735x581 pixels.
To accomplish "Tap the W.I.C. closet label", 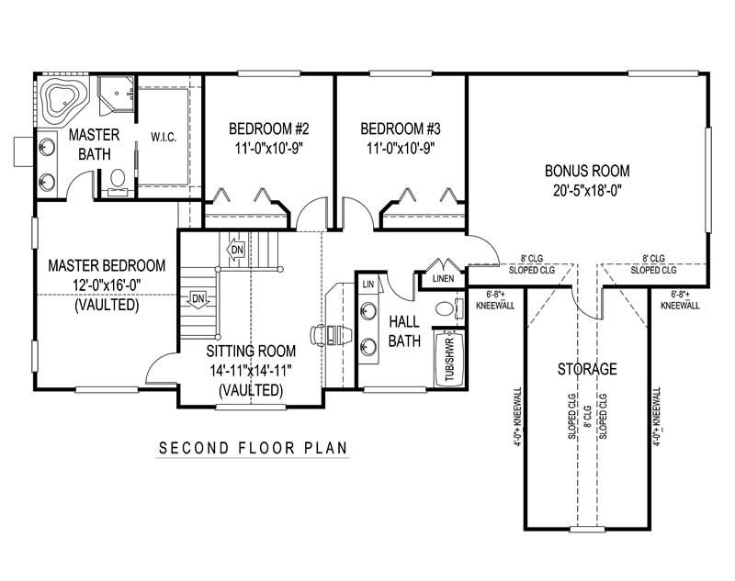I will click(x=164, y=138).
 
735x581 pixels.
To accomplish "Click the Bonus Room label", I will click(x=587, y=170).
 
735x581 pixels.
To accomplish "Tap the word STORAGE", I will click(x=586, y=370).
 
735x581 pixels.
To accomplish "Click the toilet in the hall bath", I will click(x=447, y=309).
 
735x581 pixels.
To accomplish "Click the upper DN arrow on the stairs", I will click(x=236, y=249).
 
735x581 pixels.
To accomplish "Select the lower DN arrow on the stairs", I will click(x=198, y=298).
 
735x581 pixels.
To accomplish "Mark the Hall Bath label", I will click(x=404, y=331).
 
